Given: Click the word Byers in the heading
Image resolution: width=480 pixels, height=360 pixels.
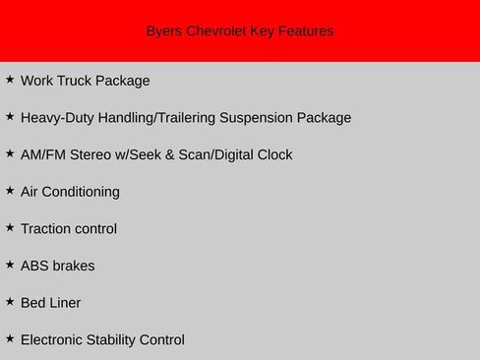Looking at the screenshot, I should click(164, 31).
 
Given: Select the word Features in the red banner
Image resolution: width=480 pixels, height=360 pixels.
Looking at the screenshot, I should click(306, 31).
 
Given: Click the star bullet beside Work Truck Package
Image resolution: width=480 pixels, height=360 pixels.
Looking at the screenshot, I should click(10, 79).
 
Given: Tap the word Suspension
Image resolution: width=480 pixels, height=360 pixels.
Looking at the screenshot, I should click(265, 118).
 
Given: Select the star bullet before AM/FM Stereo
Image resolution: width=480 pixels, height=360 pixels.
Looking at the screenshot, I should click(10, 152).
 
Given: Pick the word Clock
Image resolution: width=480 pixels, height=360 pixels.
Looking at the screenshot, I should click(273, 154).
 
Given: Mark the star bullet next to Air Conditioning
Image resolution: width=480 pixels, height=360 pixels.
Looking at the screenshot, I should click(10, 190).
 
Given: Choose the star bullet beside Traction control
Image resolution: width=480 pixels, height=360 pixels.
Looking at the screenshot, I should click(10, 227).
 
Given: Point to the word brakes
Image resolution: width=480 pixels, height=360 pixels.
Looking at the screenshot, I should click(74, 266).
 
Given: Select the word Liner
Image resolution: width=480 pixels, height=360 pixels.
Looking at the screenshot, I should click(65, 303).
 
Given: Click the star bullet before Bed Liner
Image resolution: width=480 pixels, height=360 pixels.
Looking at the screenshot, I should click(10, 301).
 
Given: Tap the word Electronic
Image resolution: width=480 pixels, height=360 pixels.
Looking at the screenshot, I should click(53, 340).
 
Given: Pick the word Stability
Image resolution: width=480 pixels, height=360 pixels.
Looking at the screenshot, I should click(116, 340).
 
